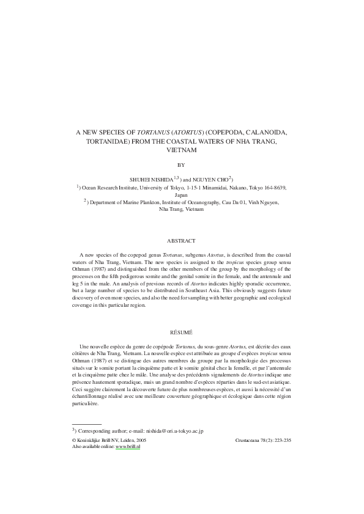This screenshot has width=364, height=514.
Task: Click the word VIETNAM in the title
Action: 181,150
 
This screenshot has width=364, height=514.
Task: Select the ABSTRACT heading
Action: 181,241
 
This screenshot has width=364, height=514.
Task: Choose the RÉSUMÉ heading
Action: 181,332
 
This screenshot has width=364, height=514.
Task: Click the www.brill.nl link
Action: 128,446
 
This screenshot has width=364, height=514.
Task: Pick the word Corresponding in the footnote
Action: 95,431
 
